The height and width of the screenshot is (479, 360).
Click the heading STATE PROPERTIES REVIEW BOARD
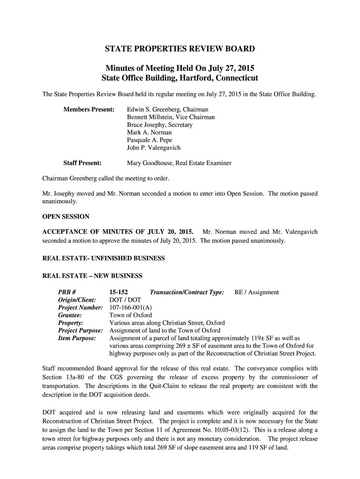(180, 49)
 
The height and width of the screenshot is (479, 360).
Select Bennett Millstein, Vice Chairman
(171, 117)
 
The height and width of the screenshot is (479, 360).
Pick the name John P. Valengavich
(153, 147)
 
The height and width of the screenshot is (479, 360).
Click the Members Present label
(89, 109)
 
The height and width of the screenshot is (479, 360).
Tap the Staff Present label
(82, 163)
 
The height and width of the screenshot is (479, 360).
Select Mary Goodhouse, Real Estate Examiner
(179, 163)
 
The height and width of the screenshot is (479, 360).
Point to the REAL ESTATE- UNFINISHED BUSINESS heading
(103, 258)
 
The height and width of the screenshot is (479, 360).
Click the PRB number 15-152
(118, 292)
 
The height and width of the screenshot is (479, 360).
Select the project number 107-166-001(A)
(130, 308)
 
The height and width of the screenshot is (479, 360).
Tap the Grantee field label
(70, 315)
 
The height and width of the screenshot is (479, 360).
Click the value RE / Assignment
(256, 292)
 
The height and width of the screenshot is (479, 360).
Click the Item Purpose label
(77, 338)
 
